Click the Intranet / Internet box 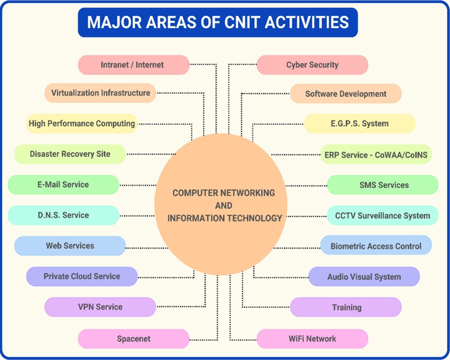(x=133, y=65)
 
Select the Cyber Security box (x=312, y=65)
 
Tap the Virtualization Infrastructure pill (x=100, y=93)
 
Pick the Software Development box (x=345, y=94)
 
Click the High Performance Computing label (x=82, y=123)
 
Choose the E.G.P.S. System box (x=359, y=123)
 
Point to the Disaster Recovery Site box (x=70, y=154)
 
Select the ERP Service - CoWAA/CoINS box (x=376, y=155)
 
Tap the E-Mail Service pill (x=63, y=185)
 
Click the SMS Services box (x=383, y=185)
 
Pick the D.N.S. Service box (x=63, y=215)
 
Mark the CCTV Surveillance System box (x=383, y=215)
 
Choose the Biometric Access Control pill (x=376, y=245)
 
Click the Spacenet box (x=133, y=339)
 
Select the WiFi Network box (x=312, y=339)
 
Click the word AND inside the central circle (x=224, y=206)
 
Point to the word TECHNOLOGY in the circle (x=252, y=218)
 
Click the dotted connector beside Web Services (x=147, y=248)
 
